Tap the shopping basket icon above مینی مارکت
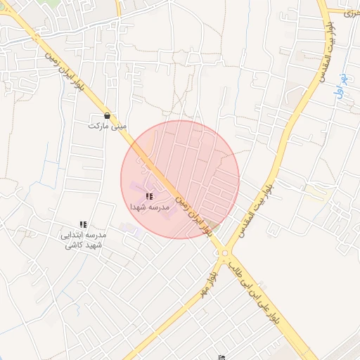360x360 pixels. pyautogui.click(x=107, y=116)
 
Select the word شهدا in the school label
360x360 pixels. pyautogui.click(x=138, y=208)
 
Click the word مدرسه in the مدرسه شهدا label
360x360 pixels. pyautogui.click(x=160, y=208)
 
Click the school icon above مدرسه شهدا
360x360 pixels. pyautogui.click(x=148, y=197)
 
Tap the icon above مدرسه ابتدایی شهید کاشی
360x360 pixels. pyautogui.click(x=83, y=224)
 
